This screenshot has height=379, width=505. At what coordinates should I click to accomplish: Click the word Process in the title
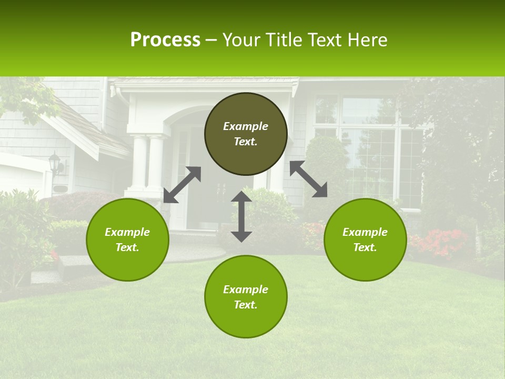point(165,40)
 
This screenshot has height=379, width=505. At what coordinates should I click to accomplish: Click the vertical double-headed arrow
point(241,216)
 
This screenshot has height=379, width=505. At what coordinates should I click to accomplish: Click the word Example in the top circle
point(246,126)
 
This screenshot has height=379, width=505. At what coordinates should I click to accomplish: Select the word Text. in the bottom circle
point(246,305)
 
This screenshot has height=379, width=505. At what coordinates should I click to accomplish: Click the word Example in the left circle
point(127,232)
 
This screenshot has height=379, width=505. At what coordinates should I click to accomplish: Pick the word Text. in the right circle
point(365,247)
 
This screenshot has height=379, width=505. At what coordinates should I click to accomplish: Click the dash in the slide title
point(211,40)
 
